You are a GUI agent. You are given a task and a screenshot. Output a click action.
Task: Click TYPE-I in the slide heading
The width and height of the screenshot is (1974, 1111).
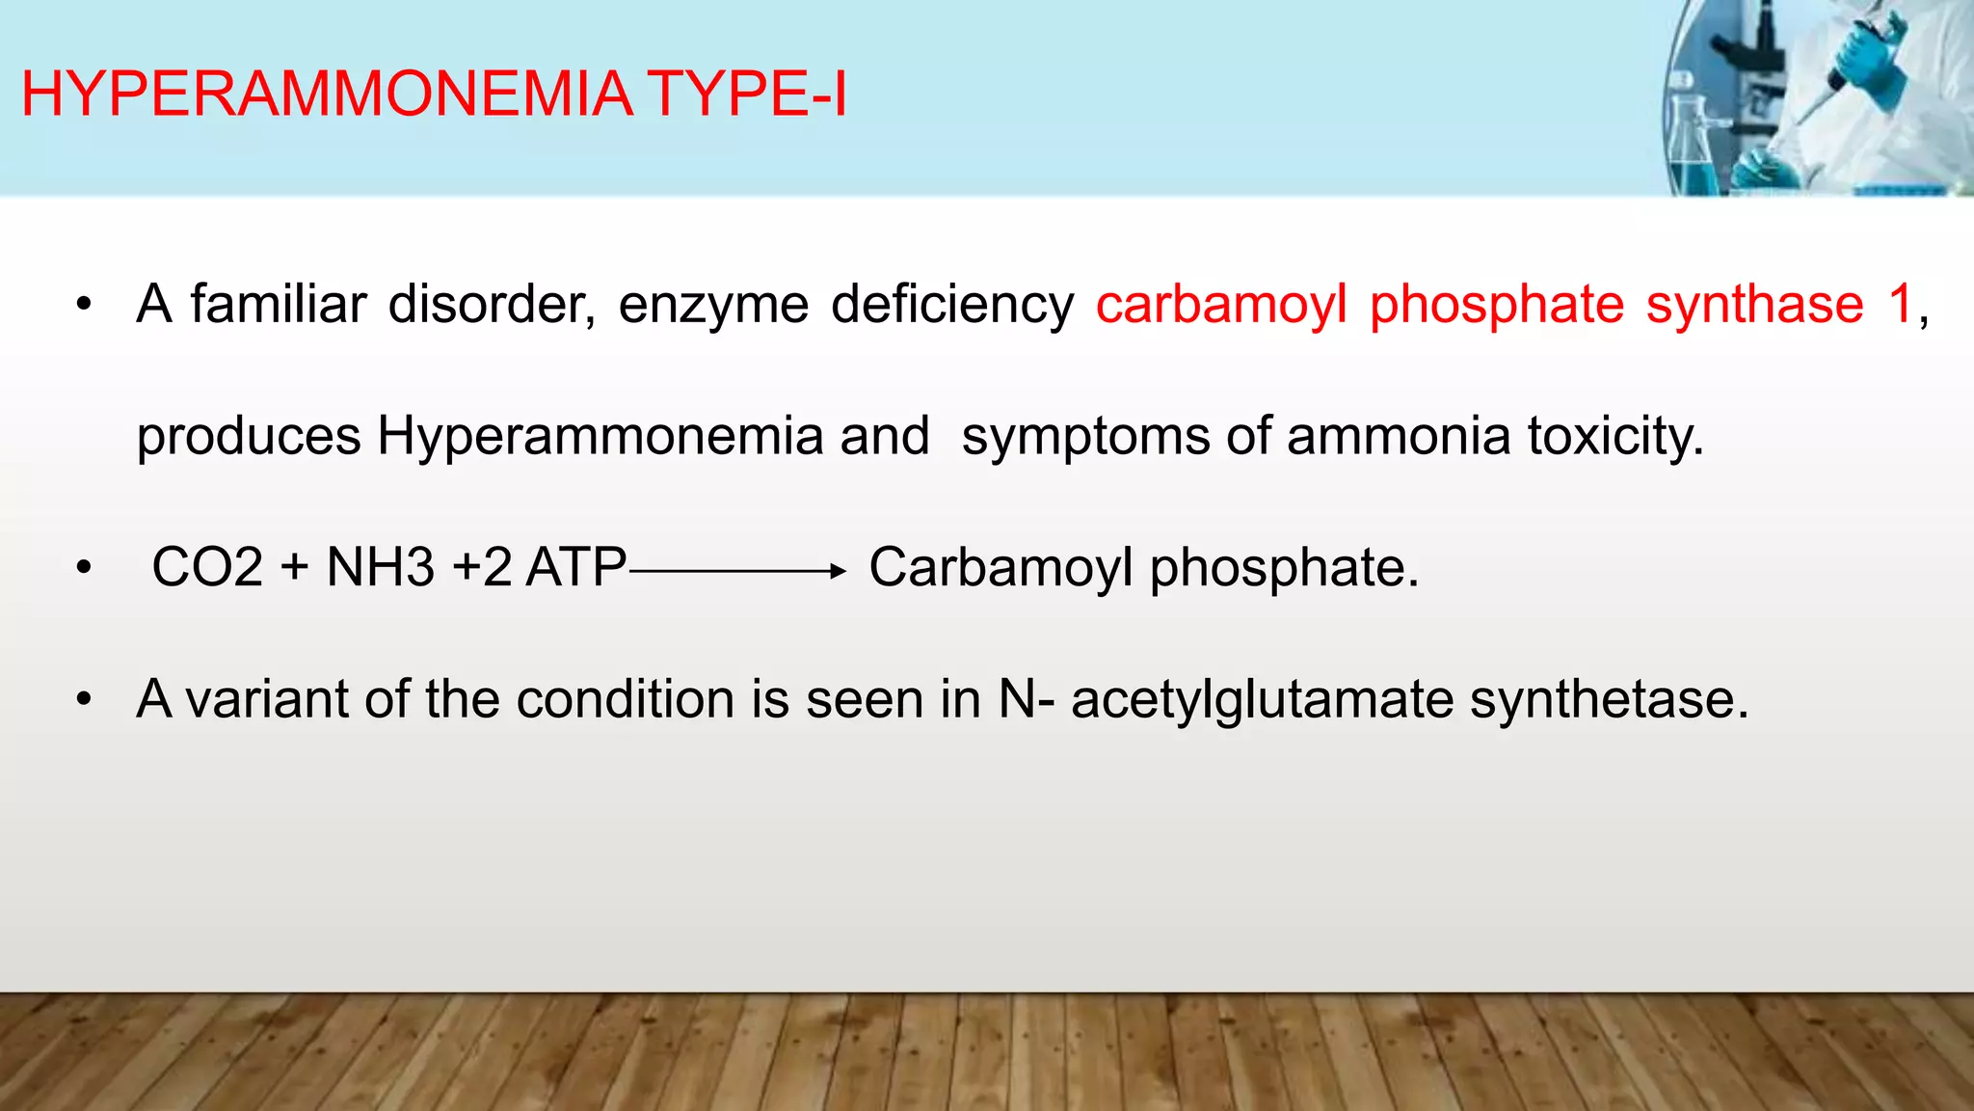(x=747, y=95)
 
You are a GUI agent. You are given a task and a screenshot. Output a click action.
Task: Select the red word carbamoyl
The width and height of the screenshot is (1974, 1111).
(x=1221, y=305)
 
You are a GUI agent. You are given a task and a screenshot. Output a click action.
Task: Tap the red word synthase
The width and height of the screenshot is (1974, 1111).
(x=1754, y=305)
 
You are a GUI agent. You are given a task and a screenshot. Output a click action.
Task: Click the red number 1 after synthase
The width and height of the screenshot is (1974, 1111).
(x=1900, y=305)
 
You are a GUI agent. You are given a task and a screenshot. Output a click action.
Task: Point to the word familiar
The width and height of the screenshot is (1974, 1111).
(x=279, y=305)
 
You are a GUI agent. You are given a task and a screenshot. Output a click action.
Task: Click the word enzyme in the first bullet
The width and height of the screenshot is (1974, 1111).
(x=713, y=307)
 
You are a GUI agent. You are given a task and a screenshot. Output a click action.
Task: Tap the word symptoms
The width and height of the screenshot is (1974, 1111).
(x=1085, y=438)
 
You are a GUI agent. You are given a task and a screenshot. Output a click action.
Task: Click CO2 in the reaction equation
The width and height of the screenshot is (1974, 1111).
(x=207, y=567)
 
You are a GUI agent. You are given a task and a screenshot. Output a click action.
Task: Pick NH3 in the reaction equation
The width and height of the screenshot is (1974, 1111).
(x=381, y=567)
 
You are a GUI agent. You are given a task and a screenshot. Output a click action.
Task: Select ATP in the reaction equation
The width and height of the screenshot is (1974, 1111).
(x=576, y=567)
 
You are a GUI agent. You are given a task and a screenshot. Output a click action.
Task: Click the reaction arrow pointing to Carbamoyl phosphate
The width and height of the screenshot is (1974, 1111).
(x=737, y=571)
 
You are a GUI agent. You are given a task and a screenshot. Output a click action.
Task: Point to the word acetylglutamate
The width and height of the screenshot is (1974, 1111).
(x=1262, y=700)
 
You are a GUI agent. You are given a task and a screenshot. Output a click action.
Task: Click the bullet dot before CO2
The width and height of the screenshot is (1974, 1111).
(x=85, y=569)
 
